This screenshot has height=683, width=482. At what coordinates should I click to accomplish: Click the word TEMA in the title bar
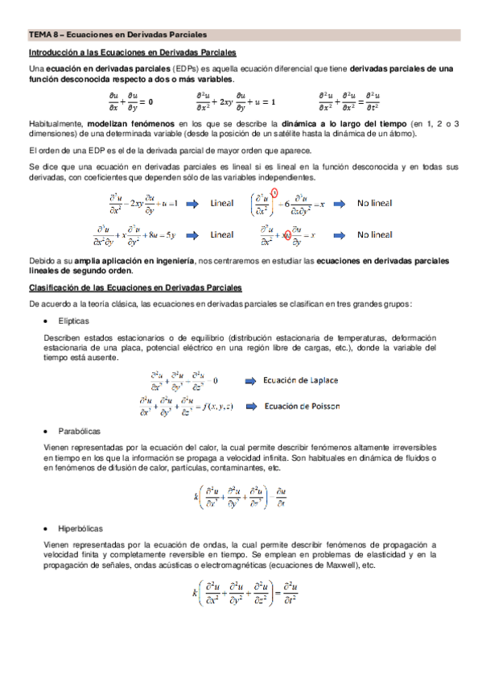(39, 35)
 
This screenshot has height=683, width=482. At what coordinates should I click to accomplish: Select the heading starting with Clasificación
(135, 288)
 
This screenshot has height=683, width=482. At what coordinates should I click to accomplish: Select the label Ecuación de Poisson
(303, 405)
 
